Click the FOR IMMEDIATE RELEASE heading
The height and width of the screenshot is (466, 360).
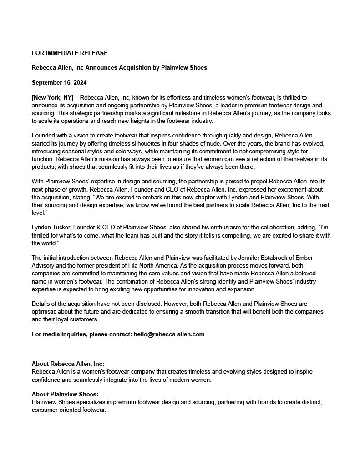click(70, 53)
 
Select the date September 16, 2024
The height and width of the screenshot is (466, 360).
click(59, 82)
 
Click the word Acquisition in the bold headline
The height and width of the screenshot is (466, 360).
click(136, 67)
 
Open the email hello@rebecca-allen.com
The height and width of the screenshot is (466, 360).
click(169, 334)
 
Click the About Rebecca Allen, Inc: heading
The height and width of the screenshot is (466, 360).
click(68, 364)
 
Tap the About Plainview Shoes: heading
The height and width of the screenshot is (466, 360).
click(65, 394)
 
